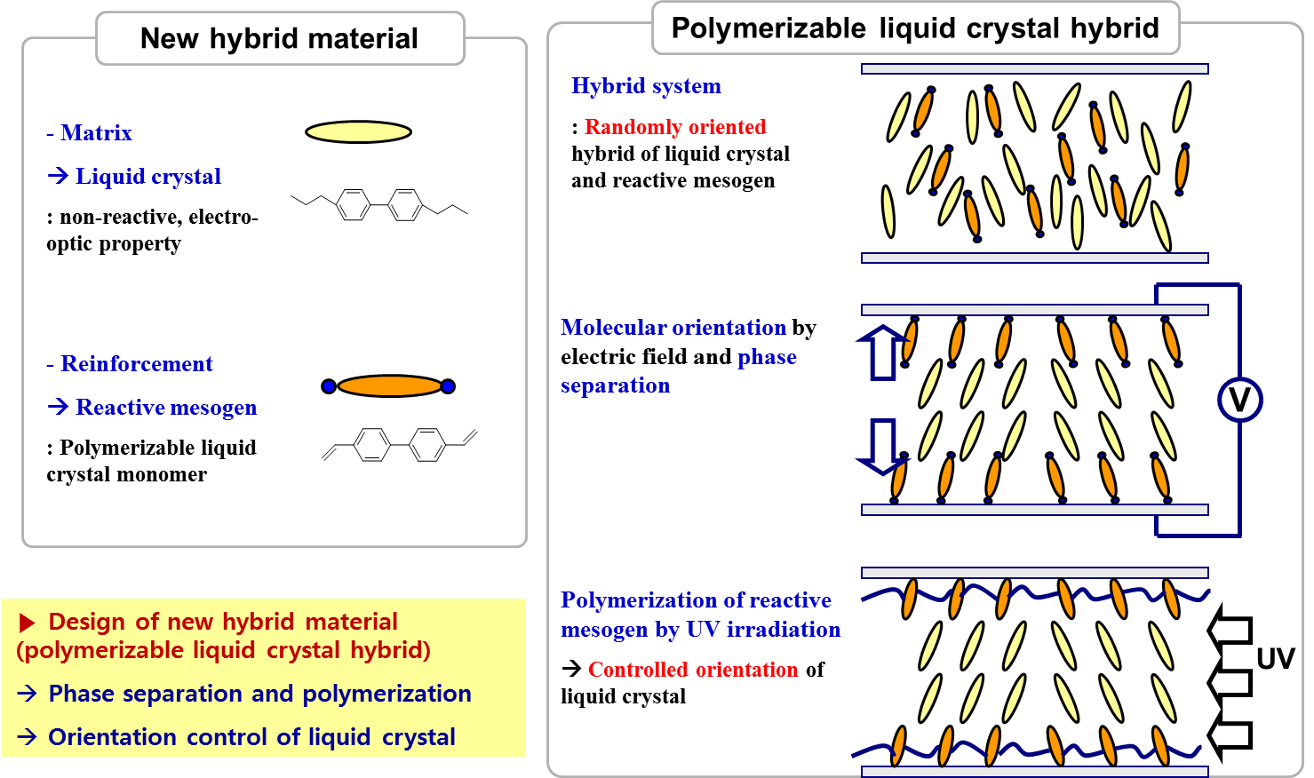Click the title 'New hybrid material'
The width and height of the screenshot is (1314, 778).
tap(279, 39)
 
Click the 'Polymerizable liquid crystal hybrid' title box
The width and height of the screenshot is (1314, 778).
tap(915, 28)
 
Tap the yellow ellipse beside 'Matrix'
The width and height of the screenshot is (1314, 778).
tap(358, 132)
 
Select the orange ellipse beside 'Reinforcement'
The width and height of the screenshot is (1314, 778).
tap(389, 386)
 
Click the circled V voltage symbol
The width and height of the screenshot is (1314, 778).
tap(1239, 400)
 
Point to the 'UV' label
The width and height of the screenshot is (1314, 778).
tap(1275, 659)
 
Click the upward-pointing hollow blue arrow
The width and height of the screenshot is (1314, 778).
tap(881, 352)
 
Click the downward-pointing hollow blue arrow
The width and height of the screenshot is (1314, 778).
tap(881, 446)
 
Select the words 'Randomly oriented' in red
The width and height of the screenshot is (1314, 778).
tap(675, 127)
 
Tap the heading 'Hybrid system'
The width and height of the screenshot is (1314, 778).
tap(646, 86)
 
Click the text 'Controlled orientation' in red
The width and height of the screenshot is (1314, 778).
tap(693, 670)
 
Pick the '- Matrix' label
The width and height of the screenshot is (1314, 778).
tap(89, 133)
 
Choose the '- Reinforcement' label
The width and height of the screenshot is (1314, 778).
tap(130, 364)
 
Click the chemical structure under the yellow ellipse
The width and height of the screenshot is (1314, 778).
tap(379, 205)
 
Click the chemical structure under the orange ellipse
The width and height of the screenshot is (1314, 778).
tap(399, 444)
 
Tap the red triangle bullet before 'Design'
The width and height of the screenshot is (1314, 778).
tap(28, 623)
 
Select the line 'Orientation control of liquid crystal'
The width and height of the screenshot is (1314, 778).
tap(251, 737)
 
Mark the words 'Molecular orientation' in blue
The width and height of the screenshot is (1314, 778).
tap(673, 328)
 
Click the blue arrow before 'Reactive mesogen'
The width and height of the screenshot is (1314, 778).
tap(58, 407)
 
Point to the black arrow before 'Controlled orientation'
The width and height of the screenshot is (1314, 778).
tap(572, 668)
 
